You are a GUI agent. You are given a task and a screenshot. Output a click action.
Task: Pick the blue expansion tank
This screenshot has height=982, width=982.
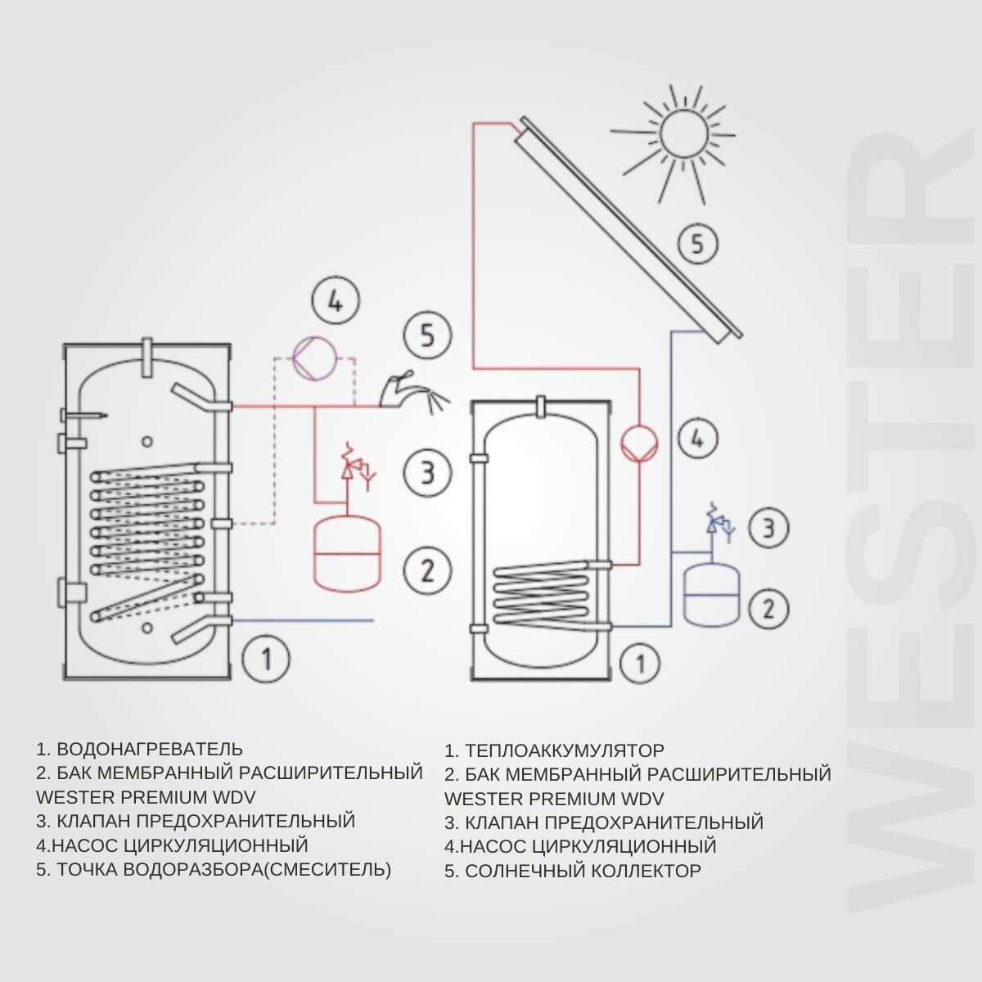pos(711,594)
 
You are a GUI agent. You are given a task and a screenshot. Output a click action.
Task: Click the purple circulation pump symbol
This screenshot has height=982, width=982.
pos(315,358)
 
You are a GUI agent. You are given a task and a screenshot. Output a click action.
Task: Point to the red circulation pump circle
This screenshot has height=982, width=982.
pos(639,444)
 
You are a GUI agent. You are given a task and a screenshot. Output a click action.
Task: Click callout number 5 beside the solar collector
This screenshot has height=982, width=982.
pos(697,244)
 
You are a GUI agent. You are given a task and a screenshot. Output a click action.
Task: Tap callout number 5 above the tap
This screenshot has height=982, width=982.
pos(427,335)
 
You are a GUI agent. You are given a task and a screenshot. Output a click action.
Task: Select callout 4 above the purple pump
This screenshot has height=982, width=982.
pos(336,302)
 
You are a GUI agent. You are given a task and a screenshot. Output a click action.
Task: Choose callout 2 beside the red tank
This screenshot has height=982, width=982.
pos(427,570)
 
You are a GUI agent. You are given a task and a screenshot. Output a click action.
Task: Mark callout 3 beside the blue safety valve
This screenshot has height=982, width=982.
pos(768,528)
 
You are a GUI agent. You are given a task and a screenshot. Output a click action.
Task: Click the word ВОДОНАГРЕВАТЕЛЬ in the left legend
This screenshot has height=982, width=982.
pos(150,749)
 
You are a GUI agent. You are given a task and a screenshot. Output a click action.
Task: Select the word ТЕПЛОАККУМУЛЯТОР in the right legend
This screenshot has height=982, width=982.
pos(565,750)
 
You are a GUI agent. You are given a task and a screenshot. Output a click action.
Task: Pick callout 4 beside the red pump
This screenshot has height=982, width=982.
pos(697,439)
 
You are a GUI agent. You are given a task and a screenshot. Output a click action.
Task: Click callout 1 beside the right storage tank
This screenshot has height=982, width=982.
pos(640,663)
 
